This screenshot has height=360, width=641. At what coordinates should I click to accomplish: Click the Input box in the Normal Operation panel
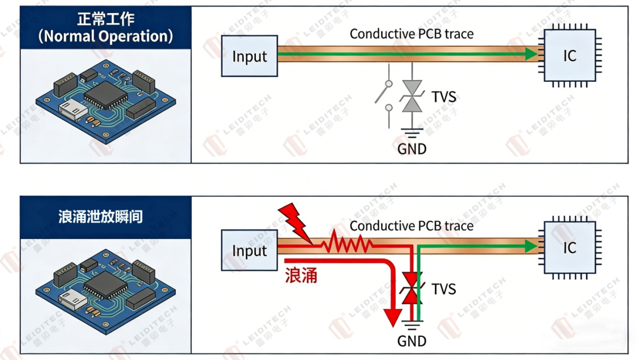[249, 56]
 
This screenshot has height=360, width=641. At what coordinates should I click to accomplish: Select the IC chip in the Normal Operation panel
[570, 56]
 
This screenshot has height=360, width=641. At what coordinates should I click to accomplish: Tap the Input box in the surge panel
[249, 250]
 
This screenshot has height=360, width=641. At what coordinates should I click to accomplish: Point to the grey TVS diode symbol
[412, 97]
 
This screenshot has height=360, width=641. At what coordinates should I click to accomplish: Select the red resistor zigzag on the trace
[347, 243]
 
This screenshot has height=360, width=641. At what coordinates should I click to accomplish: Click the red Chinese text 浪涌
[301, 275]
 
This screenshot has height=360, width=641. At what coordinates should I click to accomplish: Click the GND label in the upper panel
[412, 148]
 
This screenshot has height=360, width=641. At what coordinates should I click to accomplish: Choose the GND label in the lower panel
[412, 341]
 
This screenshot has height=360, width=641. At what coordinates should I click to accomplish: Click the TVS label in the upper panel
[444, 97]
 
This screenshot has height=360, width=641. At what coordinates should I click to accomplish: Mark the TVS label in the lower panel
[443, 289]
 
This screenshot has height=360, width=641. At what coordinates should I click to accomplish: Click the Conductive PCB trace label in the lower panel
[411, 226]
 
